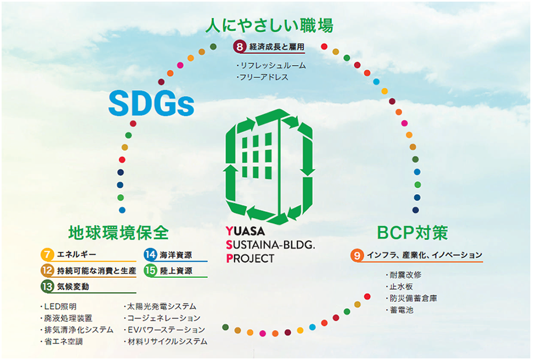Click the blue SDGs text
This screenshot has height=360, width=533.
151,103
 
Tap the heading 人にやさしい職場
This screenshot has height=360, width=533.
269,26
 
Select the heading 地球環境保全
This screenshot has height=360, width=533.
118,233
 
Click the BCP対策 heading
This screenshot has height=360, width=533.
413,233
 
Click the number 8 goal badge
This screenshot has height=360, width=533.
240,46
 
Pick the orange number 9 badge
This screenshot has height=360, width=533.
357,255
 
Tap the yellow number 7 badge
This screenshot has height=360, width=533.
47,254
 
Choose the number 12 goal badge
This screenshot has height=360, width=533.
47,270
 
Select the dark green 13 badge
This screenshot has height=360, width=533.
47,286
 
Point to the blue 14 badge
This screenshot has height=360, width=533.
150,254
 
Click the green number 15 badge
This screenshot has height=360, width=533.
150,270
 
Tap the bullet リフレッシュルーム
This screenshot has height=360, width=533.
271,65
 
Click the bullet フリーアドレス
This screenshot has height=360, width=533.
262,77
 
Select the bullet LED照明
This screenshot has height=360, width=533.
58,307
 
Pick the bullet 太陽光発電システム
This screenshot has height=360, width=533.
160,307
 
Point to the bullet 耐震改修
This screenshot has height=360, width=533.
403,275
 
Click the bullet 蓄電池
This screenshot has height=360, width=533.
399,310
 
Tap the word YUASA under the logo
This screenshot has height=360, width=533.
245,231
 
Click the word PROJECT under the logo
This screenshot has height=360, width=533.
250,259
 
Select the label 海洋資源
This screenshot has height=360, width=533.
176,255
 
